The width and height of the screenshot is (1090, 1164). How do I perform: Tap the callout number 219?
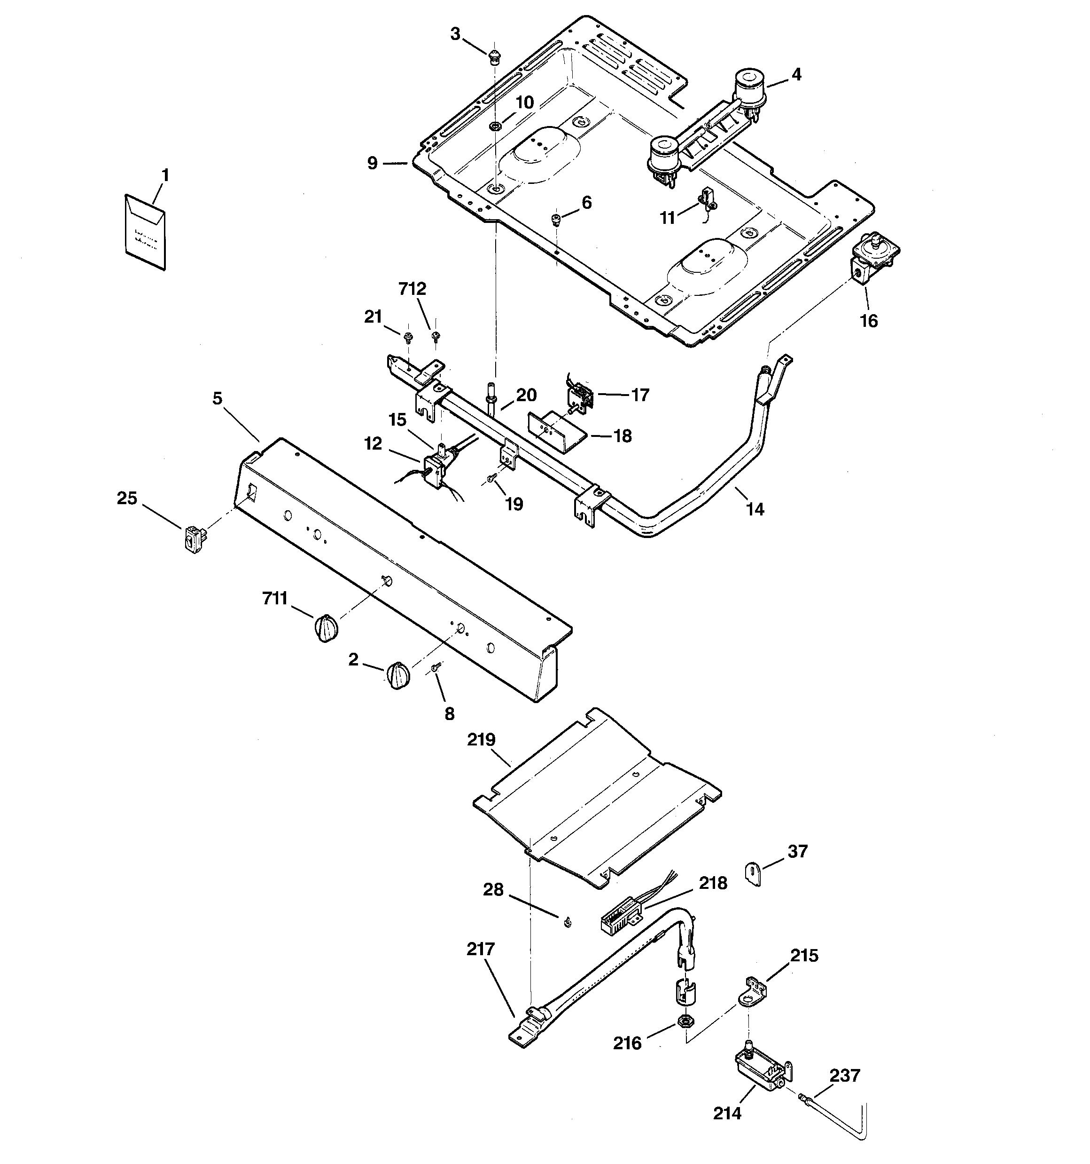coord(481,739)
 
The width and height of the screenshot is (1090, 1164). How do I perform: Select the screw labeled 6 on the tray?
coord(556,220)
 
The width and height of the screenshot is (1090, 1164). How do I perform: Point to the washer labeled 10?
coord(496,126)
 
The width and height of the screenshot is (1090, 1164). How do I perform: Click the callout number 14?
coord(755,509)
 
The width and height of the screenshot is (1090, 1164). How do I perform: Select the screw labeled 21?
coord(408,337)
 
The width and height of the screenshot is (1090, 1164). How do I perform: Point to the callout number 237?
coord(845,1076)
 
